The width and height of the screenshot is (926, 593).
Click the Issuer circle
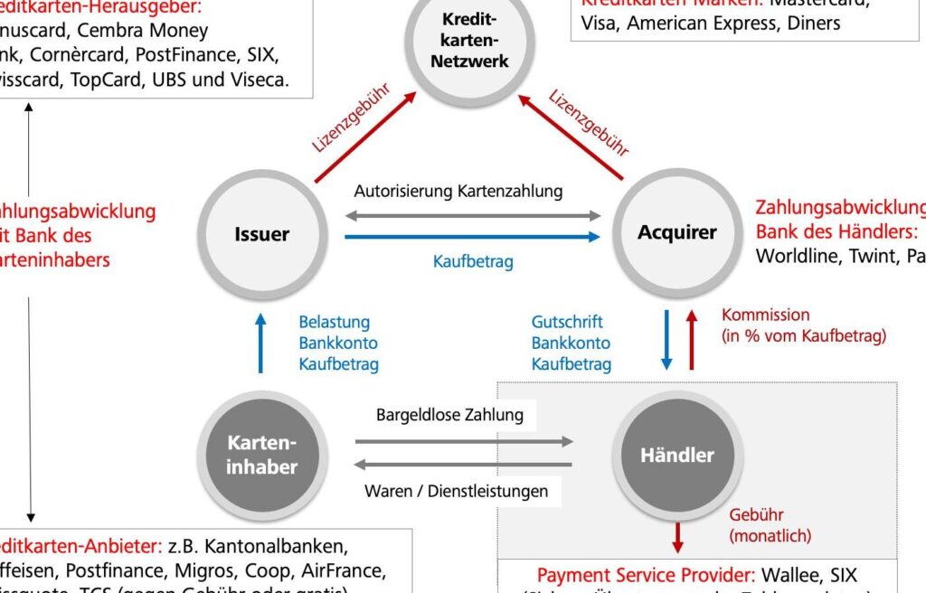pyautogui.click(x=262, y=233)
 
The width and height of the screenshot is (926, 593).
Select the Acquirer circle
pyautogui.click(x=676, y=232)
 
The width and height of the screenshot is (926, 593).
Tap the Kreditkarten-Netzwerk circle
pyautogui.click(x=469, y=41)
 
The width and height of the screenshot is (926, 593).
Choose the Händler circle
pyautogui.click(x=676, y=455)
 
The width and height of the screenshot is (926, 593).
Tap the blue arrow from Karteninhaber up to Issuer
pyautogui.click(x=260, y=343)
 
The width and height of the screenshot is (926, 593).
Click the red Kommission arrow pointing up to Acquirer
pyautogui.click(x=692, y=340)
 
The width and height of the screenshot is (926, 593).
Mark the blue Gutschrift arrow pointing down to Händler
pyautogui.click(x=667, y=340)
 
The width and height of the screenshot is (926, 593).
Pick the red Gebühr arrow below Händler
pyautogui.click(x=677, y=538)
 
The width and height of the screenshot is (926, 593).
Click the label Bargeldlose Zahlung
pyautogui.click(x=449, y=415)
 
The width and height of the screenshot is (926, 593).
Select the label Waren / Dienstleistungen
pyautogui.click(x=456, y=491)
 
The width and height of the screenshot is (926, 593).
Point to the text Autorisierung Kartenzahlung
pyautogui.click(x=458, y=191)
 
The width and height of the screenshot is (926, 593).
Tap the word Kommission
pyautogui.click(x=765, y=315)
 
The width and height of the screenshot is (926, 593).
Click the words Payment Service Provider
pyautogui.click(x=646, y=575)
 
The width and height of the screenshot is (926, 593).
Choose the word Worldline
pyautogui.click(x=798, y=255)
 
